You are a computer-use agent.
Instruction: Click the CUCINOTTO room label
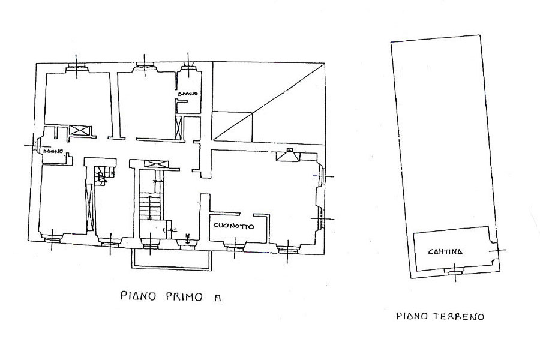pyautogui.click(x=232, y=227)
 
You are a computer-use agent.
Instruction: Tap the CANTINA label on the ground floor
pyautogui.click(x=445, y=252)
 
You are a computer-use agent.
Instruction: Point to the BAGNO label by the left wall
pyautogui.click(x=53, y=152)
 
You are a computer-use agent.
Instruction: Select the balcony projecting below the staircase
pyautogui.click(x=171, y=258)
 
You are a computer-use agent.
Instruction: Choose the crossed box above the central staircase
pyautogui.click(x=154, y=164)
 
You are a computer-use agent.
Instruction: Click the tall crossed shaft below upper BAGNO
pyautogui.click(x=178, y=128)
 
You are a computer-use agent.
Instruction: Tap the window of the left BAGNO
pyautogui.click(x=37, y=146)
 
